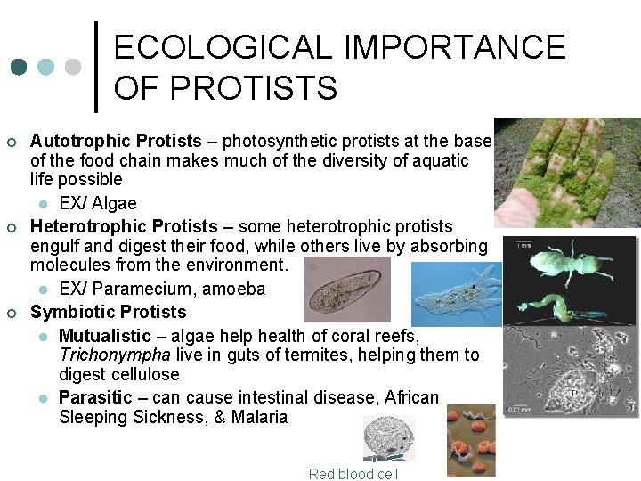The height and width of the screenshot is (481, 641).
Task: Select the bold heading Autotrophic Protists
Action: (116, 141)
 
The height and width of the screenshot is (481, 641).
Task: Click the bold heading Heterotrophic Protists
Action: (124, 226)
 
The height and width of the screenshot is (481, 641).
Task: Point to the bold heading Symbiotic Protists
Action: (108, 312)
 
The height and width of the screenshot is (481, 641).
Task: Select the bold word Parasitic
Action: (95, 396)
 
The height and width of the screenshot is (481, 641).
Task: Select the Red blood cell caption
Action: (353, 474)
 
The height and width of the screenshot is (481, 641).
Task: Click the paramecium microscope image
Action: (347, 289)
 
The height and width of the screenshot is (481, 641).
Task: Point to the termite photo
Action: (570, 281)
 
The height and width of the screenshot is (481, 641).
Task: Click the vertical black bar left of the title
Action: (96, 67)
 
